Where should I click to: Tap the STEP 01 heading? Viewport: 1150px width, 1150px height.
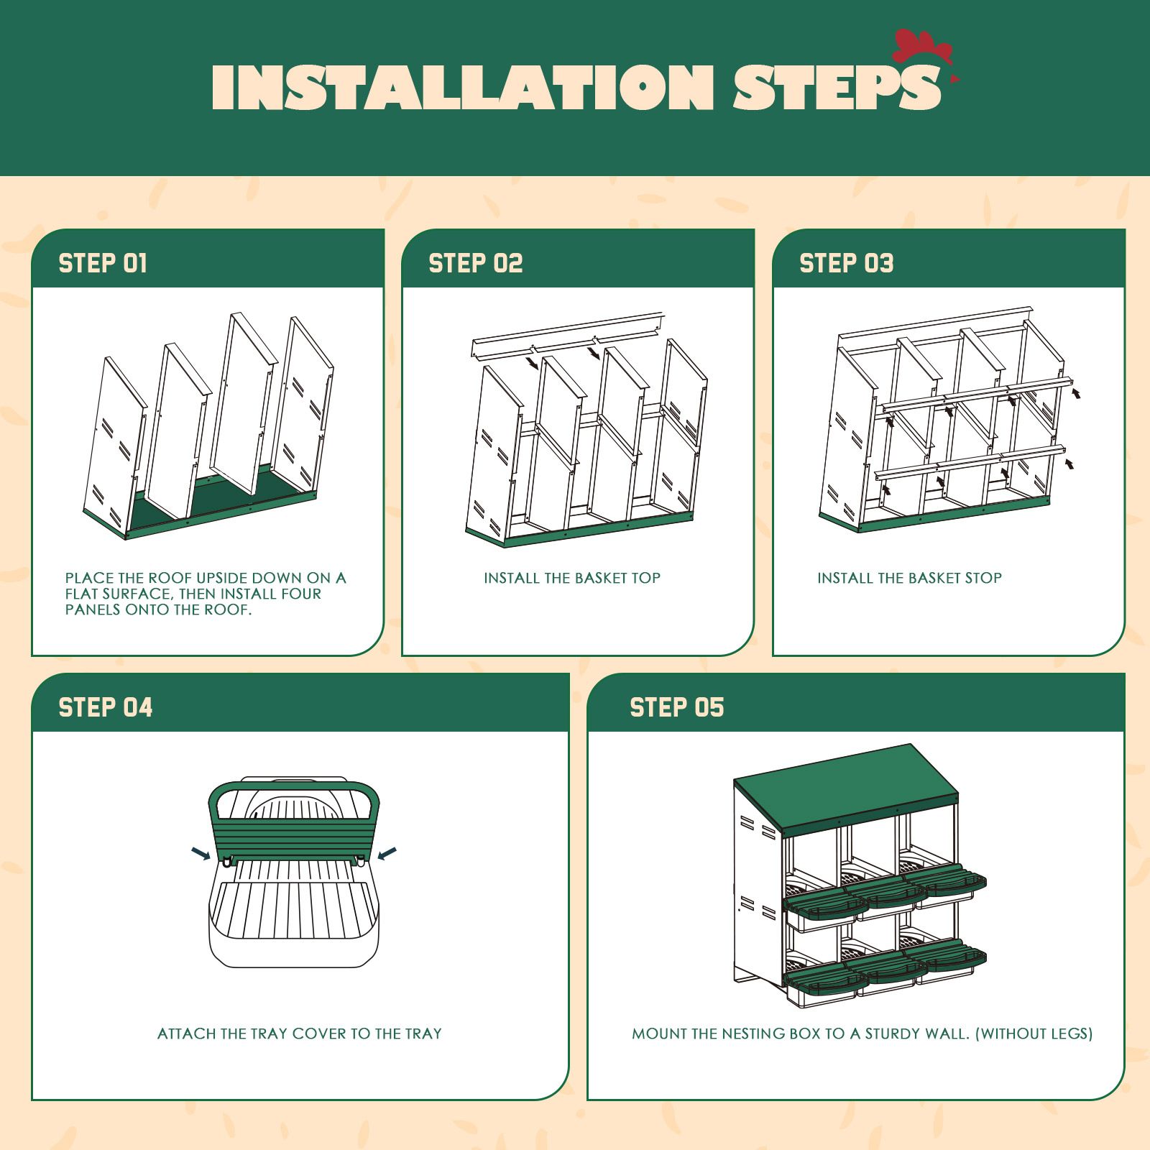pos(103,263)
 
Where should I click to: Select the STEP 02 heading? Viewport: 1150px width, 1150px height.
pos(475,263)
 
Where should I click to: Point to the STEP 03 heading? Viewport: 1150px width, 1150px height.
pos(846,263)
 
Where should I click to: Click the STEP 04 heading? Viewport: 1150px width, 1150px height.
pos(106,707)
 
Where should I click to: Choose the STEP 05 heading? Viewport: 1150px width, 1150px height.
pos(676,707)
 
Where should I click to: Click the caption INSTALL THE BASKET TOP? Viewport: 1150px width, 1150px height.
pos(571,578)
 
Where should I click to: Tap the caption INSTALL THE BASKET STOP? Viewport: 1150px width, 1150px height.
pos(909,578)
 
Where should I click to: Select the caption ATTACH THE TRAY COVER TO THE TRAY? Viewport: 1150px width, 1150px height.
pos(299,1034)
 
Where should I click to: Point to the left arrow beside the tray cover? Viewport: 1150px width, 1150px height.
pos(201,853)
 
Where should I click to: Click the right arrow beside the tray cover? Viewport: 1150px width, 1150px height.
pos(387,853)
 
